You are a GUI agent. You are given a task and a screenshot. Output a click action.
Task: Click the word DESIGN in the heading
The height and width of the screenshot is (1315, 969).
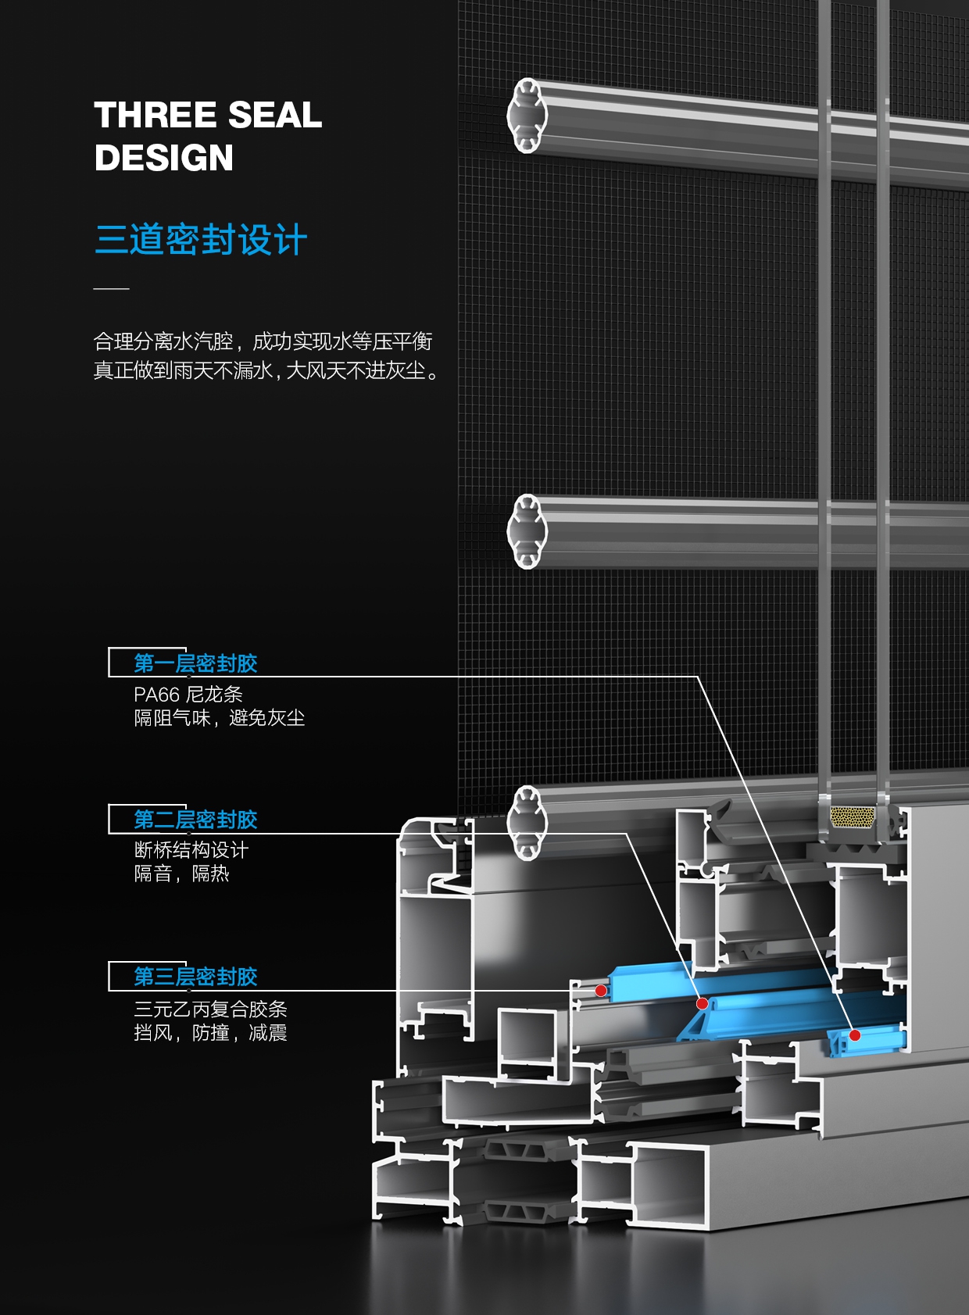pyautogui.click(x=164, y=158)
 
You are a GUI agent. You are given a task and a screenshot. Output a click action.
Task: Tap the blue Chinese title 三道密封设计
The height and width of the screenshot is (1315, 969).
pyautogui.click(x=201, y=239)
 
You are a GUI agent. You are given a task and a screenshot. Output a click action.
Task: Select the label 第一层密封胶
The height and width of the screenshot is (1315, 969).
pyautogui.click(x=195, y=663)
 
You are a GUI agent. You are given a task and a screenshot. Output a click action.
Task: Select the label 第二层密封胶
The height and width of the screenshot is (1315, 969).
pyautogui.click(x=195, y=820)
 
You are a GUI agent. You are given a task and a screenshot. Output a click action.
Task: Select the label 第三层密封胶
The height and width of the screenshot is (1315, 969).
pyautogui.click(x=195, y=977)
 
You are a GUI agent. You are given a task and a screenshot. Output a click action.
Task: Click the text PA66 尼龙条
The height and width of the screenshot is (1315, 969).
pyautogui.click(x=188, y=694)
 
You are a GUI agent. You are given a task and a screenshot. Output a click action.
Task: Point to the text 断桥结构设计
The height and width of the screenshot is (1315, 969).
pyautogui.click(x=191, y=850)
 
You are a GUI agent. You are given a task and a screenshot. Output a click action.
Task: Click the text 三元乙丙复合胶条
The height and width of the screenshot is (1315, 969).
pyautogui.click(x=210, y=1009)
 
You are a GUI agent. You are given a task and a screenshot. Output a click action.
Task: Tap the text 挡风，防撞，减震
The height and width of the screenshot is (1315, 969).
pyautogui.click(x=210, y=1033)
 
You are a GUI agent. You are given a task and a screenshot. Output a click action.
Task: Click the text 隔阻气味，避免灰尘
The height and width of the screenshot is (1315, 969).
pyautogui.click(x=219, y=717)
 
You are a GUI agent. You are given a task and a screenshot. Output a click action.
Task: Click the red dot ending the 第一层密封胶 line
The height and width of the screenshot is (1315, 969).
pyautogui.click(x=855, y=1035)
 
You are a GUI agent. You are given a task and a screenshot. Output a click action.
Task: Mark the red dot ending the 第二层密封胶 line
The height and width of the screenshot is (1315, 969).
pyautogui.click(x=703, y=1003)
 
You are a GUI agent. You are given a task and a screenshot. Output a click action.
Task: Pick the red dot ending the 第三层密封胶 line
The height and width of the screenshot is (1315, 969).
pyautogui.click(x=601, y=991)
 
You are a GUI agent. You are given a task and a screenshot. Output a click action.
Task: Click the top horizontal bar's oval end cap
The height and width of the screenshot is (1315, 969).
pyautogui.click(x=527, y=115)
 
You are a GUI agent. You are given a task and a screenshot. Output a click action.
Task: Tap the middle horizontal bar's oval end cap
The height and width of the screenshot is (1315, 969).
pyautogui.click(x=527, y=531)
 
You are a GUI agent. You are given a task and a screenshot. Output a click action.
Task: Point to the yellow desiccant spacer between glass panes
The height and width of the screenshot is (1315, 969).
pyautogui.click(x=852, y=817)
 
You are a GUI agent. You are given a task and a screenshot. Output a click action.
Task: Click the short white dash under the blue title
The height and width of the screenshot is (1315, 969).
pyautogui.click(x=111, y=288)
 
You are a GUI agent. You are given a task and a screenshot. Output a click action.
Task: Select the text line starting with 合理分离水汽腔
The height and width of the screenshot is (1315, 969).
pyautogui.click(x=263, y=341)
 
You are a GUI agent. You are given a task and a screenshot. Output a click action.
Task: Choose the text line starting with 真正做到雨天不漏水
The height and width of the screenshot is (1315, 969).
pyautogui.click(x=266, y=370)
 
